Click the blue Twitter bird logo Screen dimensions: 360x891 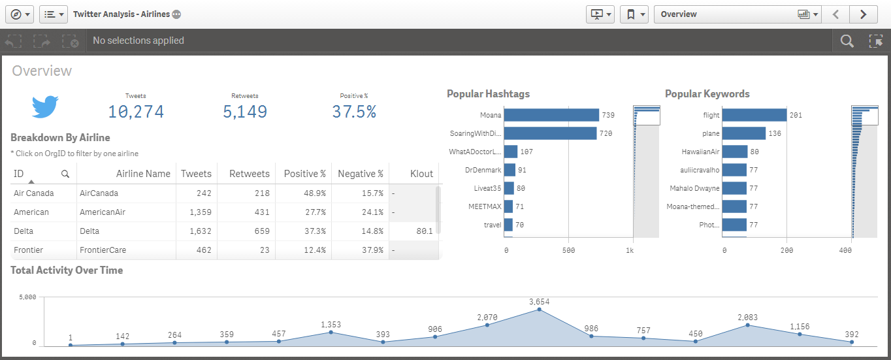(46, 106)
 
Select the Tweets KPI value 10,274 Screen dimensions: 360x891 (136, 112)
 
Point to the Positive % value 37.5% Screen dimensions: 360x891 (354, 112)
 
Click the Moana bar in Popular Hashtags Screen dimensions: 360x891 (552, 115)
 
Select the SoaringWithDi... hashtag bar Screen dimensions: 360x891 (551, 133)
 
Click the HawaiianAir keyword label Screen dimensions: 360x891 (700, 152)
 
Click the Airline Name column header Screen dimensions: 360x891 (143, 174)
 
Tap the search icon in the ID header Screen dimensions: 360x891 (65, 174)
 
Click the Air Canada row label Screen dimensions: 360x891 (34, 193)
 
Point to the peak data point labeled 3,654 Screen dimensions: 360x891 (539, 309)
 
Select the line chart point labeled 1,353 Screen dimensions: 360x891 (331, 332)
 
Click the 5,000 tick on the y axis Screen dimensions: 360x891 (27, 297)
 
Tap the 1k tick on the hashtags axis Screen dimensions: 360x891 (628, 251)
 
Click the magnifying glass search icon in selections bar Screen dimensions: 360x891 (847, 41)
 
